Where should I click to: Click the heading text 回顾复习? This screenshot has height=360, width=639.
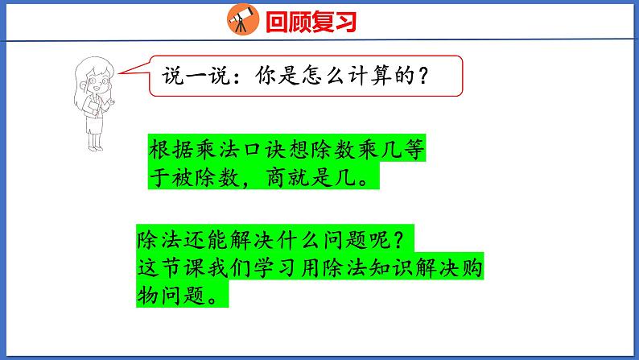(310, 21)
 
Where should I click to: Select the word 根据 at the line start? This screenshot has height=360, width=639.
(169, 151)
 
